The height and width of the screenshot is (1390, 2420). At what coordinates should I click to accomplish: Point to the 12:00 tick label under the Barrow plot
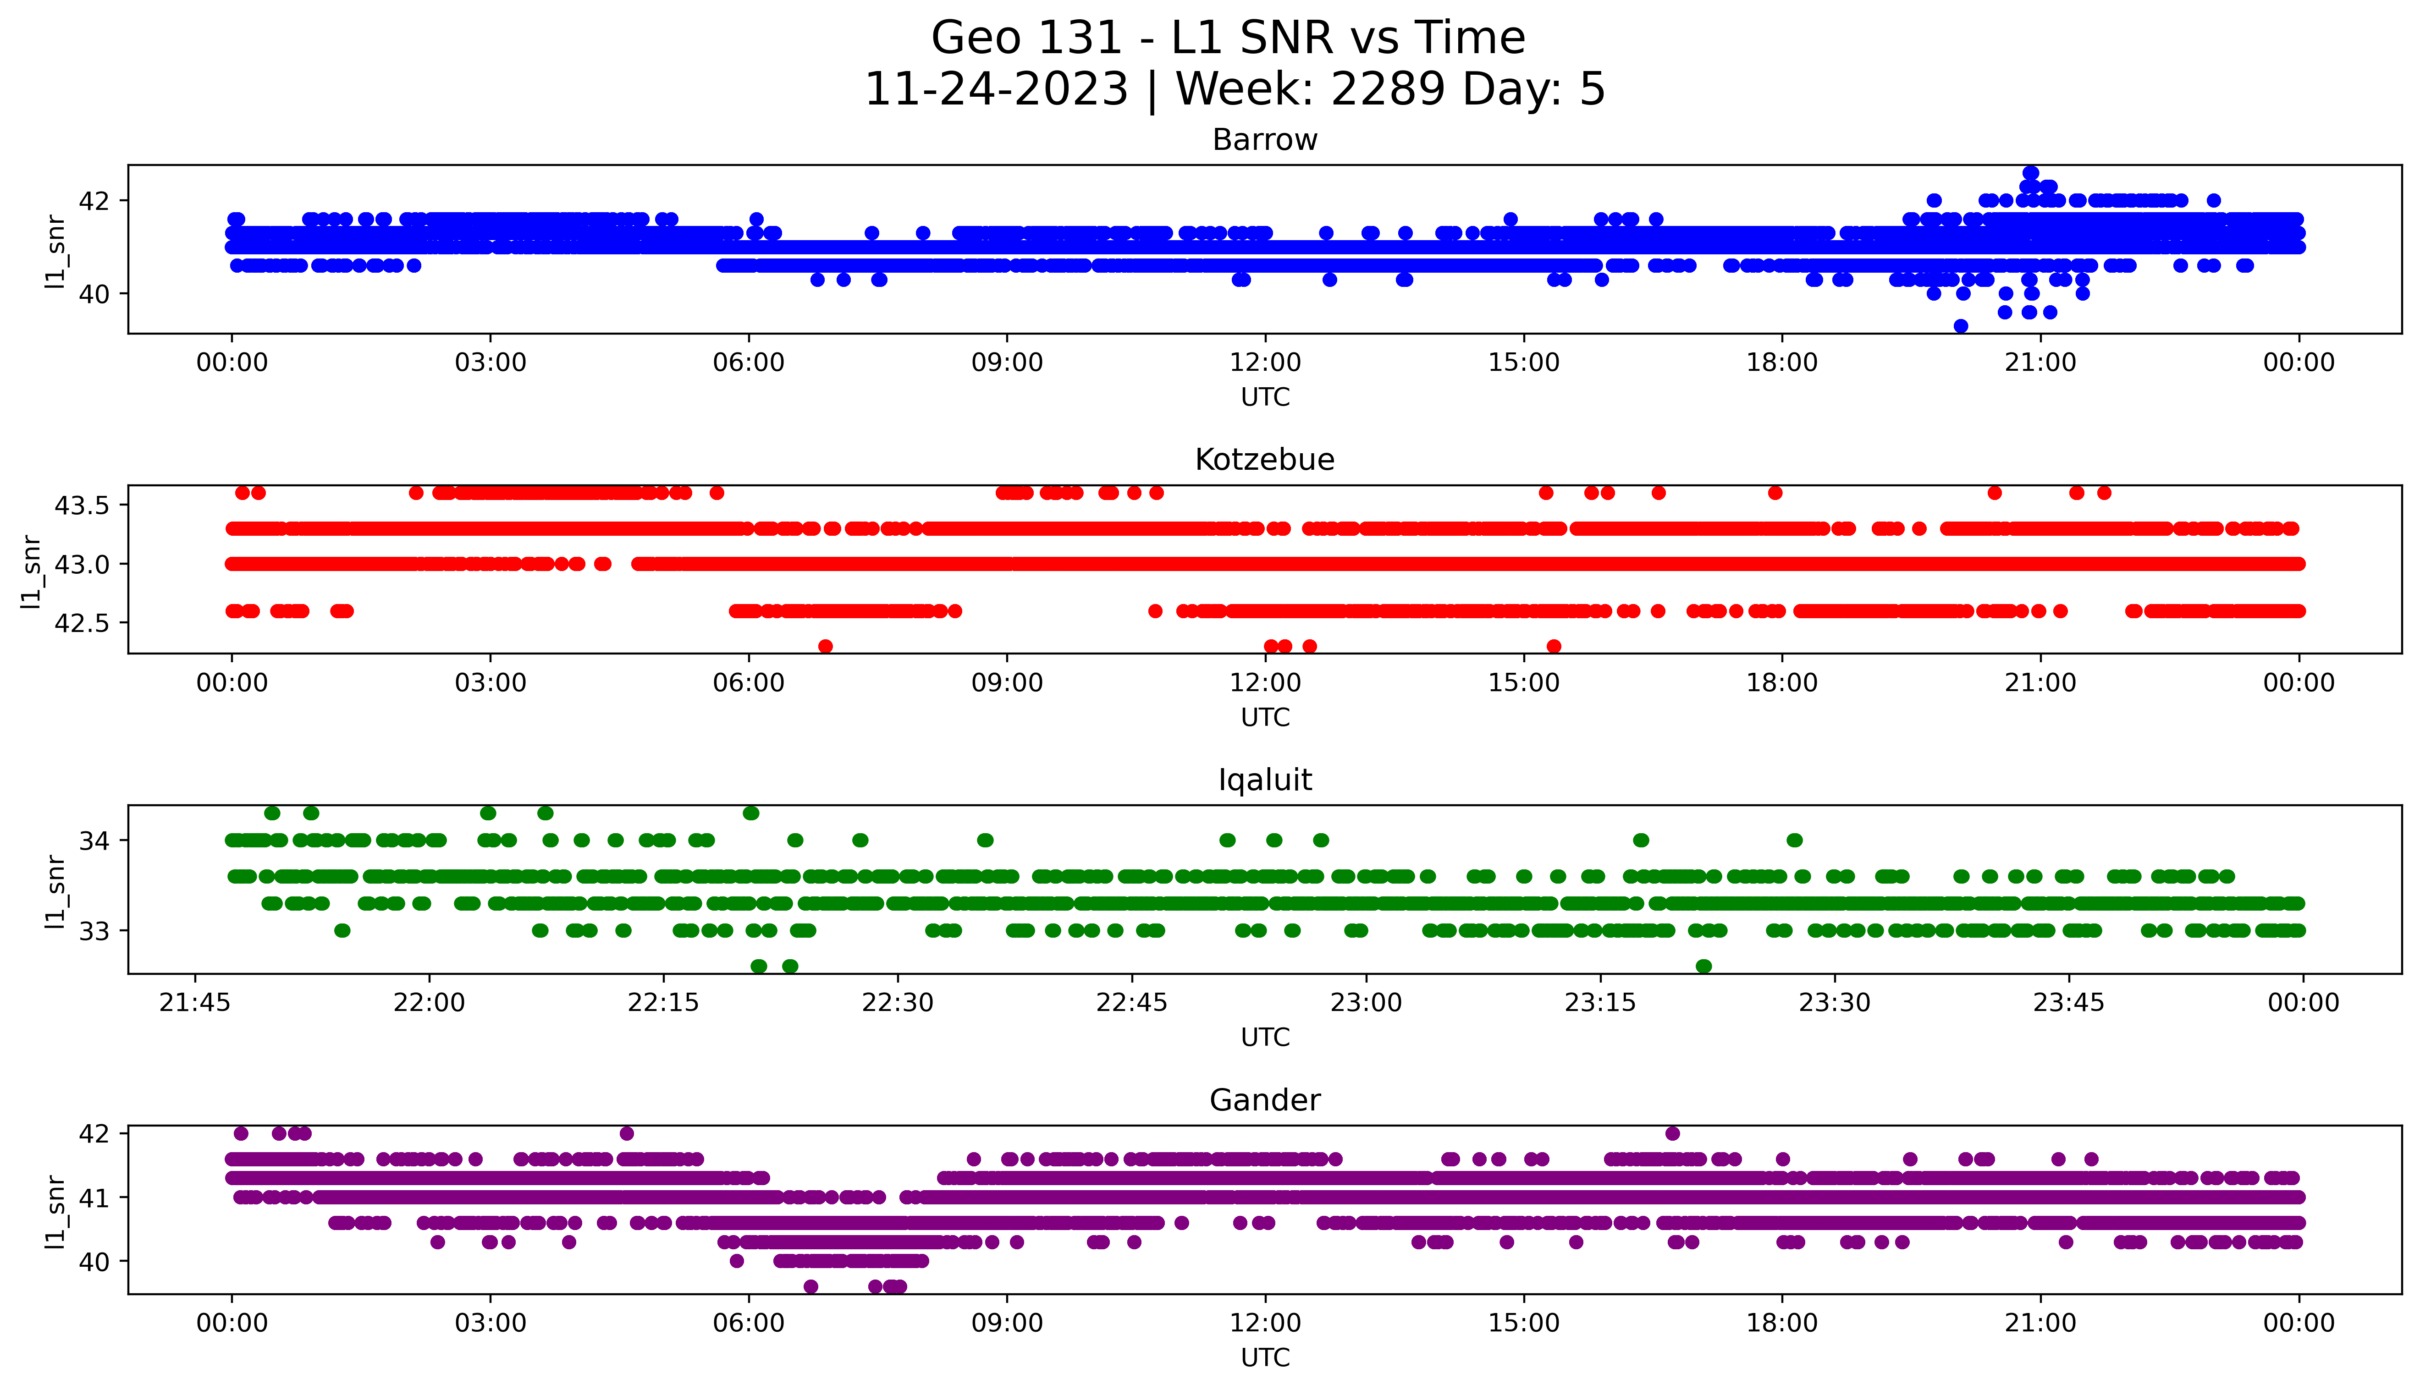coord(1265,363)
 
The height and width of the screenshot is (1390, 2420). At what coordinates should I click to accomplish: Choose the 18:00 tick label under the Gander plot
coord(1781,1323)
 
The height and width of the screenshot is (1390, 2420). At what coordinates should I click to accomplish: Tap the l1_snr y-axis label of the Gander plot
coord(55,1210)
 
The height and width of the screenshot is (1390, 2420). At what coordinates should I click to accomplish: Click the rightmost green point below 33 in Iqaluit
coord(1703,966)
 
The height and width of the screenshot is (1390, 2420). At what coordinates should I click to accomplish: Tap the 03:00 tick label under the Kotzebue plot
coord(491,682)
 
